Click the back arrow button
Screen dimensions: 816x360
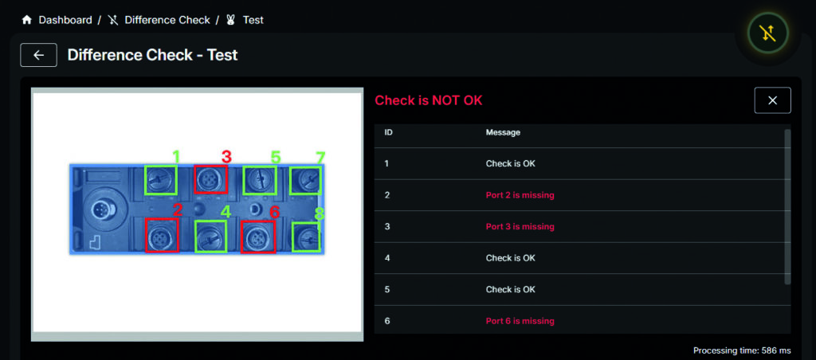38,55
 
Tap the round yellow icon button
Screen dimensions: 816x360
767,33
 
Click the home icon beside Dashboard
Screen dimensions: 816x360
26,20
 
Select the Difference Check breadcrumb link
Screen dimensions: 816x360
167,20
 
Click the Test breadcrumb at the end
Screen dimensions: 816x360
253,20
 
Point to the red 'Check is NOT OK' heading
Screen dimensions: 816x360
429,100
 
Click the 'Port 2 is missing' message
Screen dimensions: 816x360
520,195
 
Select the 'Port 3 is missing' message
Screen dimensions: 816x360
520,226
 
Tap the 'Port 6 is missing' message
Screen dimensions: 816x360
520,321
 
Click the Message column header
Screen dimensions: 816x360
503,133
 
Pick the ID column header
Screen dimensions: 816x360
388,133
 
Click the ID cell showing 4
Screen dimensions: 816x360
386,258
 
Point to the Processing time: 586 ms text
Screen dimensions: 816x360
742,350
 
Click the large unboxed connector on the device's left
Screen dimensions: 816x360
100,211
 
